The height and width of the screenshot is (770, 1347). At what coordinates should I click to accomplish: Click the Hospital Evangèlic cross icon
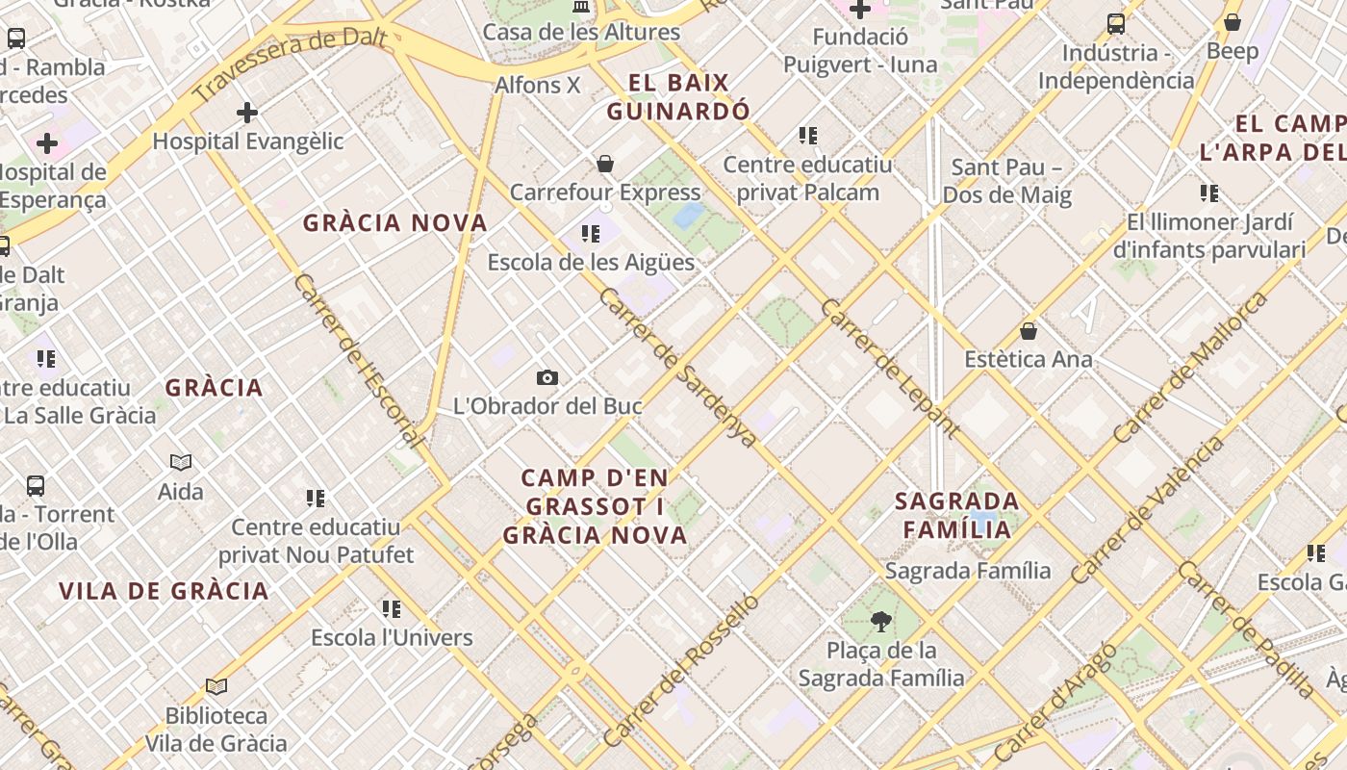(247, 113)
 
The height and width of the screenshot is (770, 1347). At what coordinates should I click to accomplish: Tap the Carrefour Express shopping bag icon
(605, 164)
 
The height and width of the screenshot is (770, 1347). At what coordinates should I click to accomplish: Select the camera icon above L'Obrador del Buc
(547, 377)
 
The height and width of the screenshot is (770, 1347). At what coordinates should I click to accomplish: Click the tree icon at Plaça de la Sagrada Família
(880, 622)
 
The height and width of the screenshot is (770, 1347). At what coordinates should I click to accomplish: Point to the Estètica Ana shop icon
(1029, 331)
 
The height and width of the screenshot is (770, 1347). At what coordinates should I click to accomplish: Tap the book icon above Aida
(181, 462)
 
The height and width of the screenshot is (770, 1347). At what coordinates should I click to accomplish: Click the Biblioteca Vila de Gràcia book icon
(216, 686)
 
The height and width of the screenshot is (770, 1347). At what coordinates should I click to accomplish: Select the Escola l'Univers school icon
(392, 608)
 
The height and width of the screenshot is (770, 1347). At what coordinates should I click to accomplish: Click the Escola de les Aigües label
(591, 262)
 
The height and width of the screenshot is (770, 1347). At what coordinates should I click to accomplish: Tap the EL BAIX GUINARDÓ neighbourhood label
(678, 97)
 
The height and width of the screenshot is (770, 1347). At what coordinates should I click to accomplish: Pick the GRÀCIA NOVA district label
(395, 223)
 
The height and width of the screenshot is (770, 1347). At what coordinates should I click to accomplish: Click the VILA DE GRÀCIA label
(164, 591)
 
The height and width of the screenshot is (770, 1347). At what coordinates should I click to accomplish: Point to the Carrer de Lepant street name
(890, 369)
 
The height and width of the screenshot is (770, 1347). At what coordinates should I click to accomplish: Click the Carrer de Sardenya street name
(677, 367)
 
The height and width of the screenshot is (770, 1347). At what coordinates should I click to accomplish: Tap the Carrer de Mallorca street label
(1191, 368)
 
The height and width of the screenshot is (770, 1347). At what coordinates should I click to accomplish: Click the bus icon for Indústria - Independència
(1116, 24)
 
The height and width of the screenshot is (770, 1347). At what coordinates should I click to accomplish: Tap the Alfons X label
(538, 85)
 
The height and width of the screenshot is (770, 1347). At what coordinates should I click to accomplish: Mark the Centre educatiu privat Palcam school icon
(808, 136)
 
